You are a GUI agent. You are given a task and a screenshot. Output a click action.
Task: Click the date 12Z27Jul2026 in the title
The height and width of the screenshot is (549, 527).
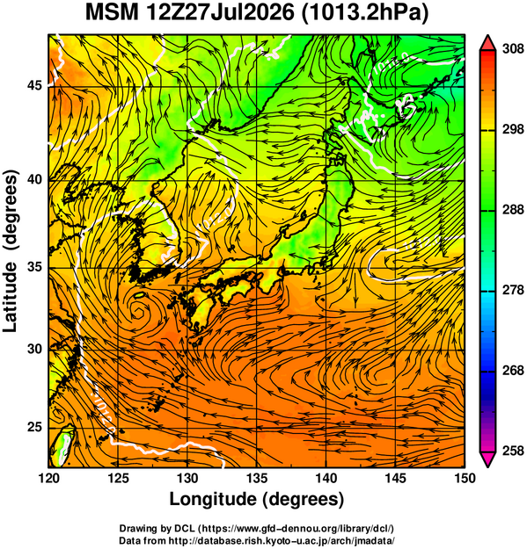click(219, 13)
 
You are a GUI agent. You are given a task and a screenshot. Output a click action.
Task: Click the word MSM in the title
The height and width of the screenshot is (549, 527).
click(113, 13)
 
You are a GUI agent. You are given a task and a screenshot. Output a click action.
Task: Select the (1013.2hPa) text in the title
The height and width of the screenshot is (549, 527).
click(365, 14)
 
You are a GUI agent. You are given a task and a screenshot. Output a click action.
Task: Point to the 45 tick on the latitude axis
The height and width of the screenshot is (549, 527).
click(34, 85)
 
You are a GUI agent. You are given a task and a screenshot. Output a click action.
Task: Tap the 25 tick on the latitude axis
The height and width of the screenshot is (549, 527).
click(34, 428)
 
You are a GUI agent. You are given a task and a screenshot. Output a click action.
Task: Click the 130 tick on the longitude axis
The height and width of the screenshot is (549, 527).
click(187, 478)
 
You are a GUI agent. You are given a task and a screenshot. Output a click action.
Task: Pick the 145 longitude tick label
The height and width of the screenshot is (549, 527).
click(395, 478)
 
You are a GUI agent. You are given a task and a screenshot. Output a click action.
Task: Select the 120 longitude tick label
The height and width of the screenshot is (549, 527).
click(48, 478)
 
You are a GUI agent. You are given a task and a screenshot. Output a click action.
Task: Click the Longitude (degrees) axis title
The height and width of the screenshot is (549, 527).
click(256, 499)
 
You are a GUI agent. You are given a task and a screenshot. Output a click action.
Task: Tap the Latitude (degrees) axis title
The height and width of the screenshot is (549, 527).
click(11, 251)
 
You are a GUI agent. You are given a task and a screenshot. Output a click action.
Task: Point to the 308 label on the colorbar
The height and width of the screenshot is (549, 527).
click(513, 49)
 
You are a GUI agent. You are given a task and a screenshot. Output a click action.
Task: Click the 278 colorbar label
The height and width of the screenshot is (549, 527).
click(513, 290)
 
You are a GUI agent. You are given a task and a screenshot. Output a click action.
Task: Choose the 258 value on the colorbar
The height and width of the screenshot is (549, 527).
click(513, 451)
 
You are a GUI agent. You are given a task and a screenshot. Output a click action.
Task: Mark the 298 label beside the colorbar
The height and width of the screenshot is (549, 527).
click(513, 129)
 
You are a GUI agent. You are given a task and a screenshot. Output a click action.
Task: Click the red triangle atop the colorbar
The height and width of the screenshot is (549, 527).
click(487, 44)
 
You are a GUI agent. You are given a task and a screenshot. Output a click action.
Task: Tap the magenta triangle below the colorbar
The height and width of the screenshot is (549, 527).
click(487, 459)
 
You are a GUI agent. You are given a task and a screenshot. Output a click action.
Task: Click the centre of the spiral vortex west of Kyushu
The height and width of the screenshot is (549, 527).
click(138, 311)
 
